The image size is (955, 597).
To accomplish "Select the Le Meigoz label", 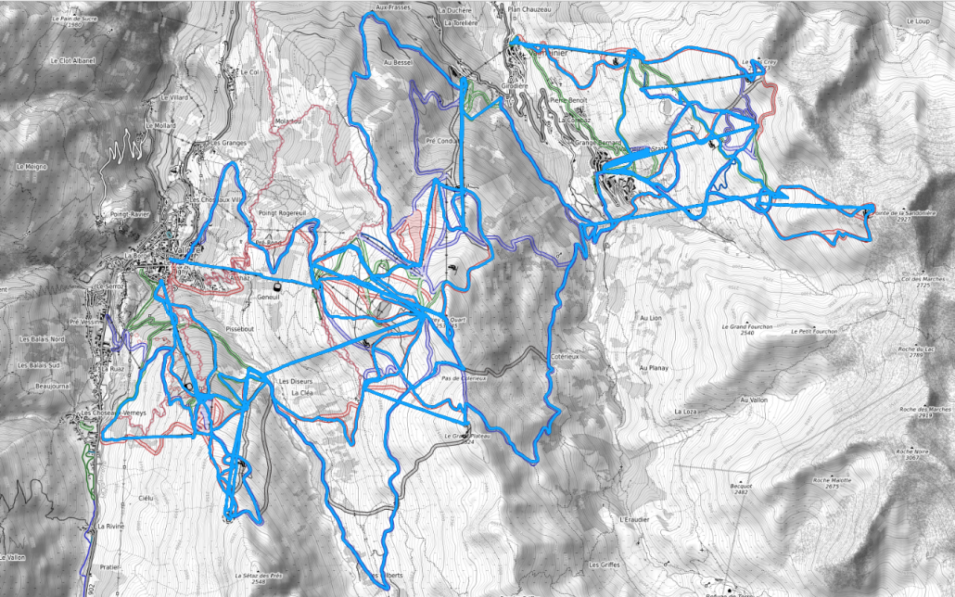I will click(31, 166).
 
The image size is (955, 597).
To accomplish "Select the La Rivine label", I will click(109, 526).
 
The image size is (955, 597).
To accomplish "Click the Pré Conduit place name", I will click(442, 141).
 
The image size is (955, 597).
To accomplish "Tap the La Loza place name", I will click(686, 411).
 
